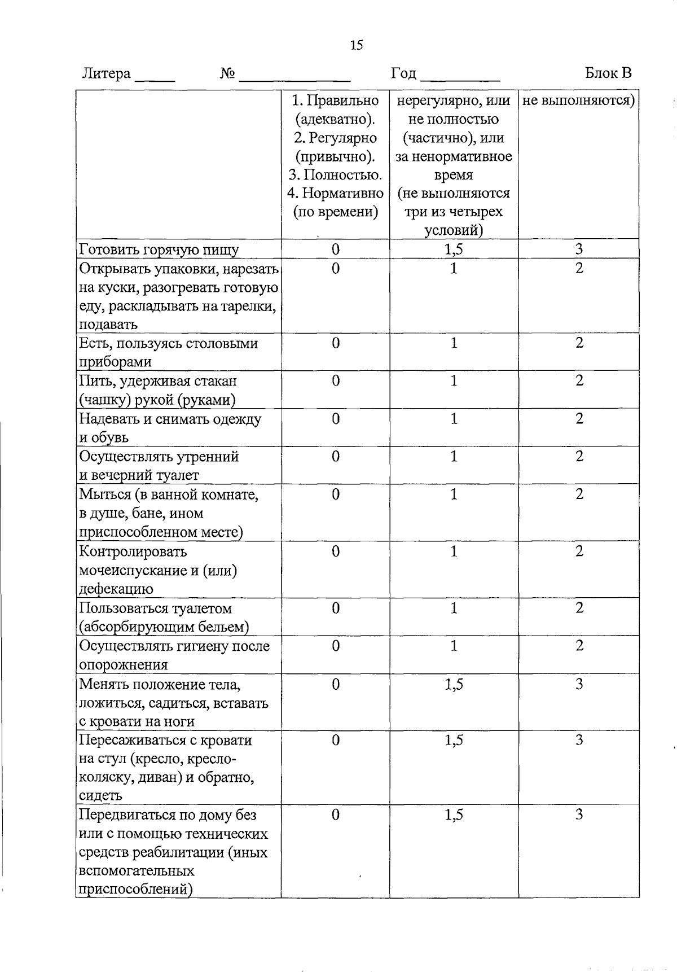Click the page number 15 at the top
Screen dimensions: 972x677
pyautogui.click(x=356, y=45)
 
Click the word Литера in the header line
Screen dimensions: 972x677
pyautogui.click(x=107, y=73)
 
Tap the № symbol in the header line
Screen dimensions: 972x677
pyautogui.click(x=227, y=74)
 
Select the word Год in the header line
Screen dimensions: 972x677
pyautogui.click(x=404, y=73)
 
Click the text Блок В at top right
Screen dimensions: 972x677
pyautogui.click(x=608, y=73)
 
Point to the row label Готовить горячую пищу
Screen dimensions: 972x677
pyautogui.click(x=159, y=249)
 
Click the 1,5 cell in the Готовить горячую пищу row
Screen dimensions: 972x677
pyautogui.click(x=454, y=249)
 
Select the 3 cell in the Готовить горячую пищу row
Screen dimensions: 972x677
pyautogui.click(x=579, y=249)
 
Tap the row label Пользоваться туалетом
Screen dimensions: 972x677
pyautogui.click(x=155, y=608)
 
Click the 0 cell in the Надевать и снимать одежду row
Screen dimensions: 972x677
pyautogui.click(x=336, y=419)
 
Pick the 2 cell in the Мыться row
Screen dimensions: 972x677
pyautogui.click(x=579, y=494)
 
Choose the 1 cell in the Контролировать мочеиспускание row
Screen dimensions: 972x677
pyautogui.click(x=454, y=551)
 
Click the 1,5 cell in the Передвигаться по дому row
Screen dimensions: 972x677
pyautogui.click(x=454, y=815)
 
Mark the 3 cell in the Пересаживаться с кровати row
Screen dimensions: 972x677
pyautogui.click(x=579, y=740)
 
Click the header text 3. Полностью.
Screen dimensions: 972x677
pyautogui.click(x=335, y=174)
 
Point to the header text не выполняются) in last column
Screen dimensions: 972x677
pyautogui.click(x=579, y=100)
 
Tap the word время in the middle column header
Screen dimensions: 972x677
pyautogui.click(x=454, y=174)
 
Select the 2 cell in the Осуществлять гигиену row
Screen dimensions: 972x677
pyautogui.click(x=579, y=646)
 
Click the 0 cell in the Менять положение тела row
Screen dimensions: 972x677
pyautogui.click(x=336, y=685)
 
